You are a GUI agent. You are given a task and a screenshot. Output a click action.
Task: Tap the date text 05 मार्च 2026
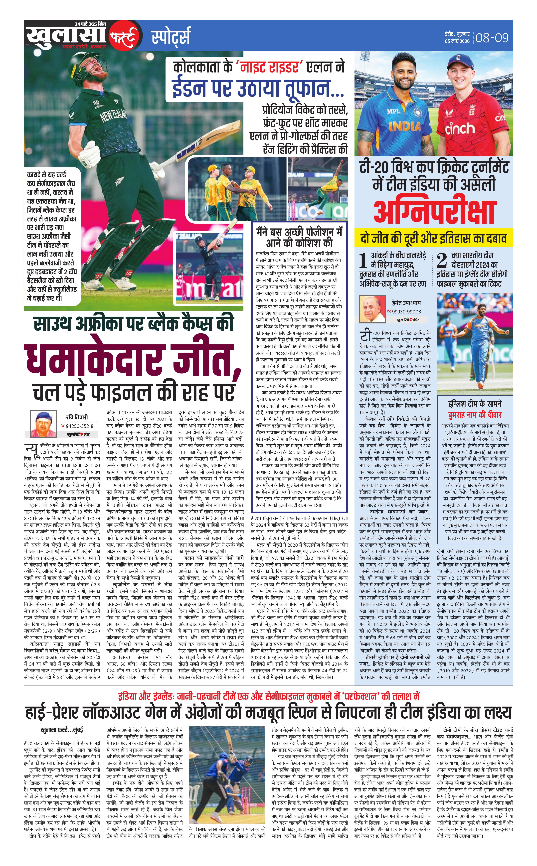pyautogui.click(x=457, y=41)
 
